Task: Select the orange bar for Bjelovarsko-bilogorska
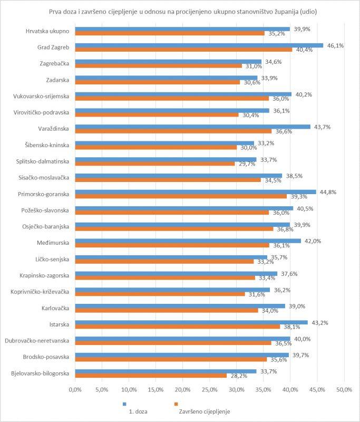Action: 151,376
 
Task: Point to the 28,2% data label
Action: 237,376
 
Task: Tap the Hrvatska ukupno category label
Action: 47,32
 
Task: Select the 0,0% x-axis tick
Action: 75,390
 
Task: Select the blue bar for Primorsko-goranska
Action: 196,192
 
